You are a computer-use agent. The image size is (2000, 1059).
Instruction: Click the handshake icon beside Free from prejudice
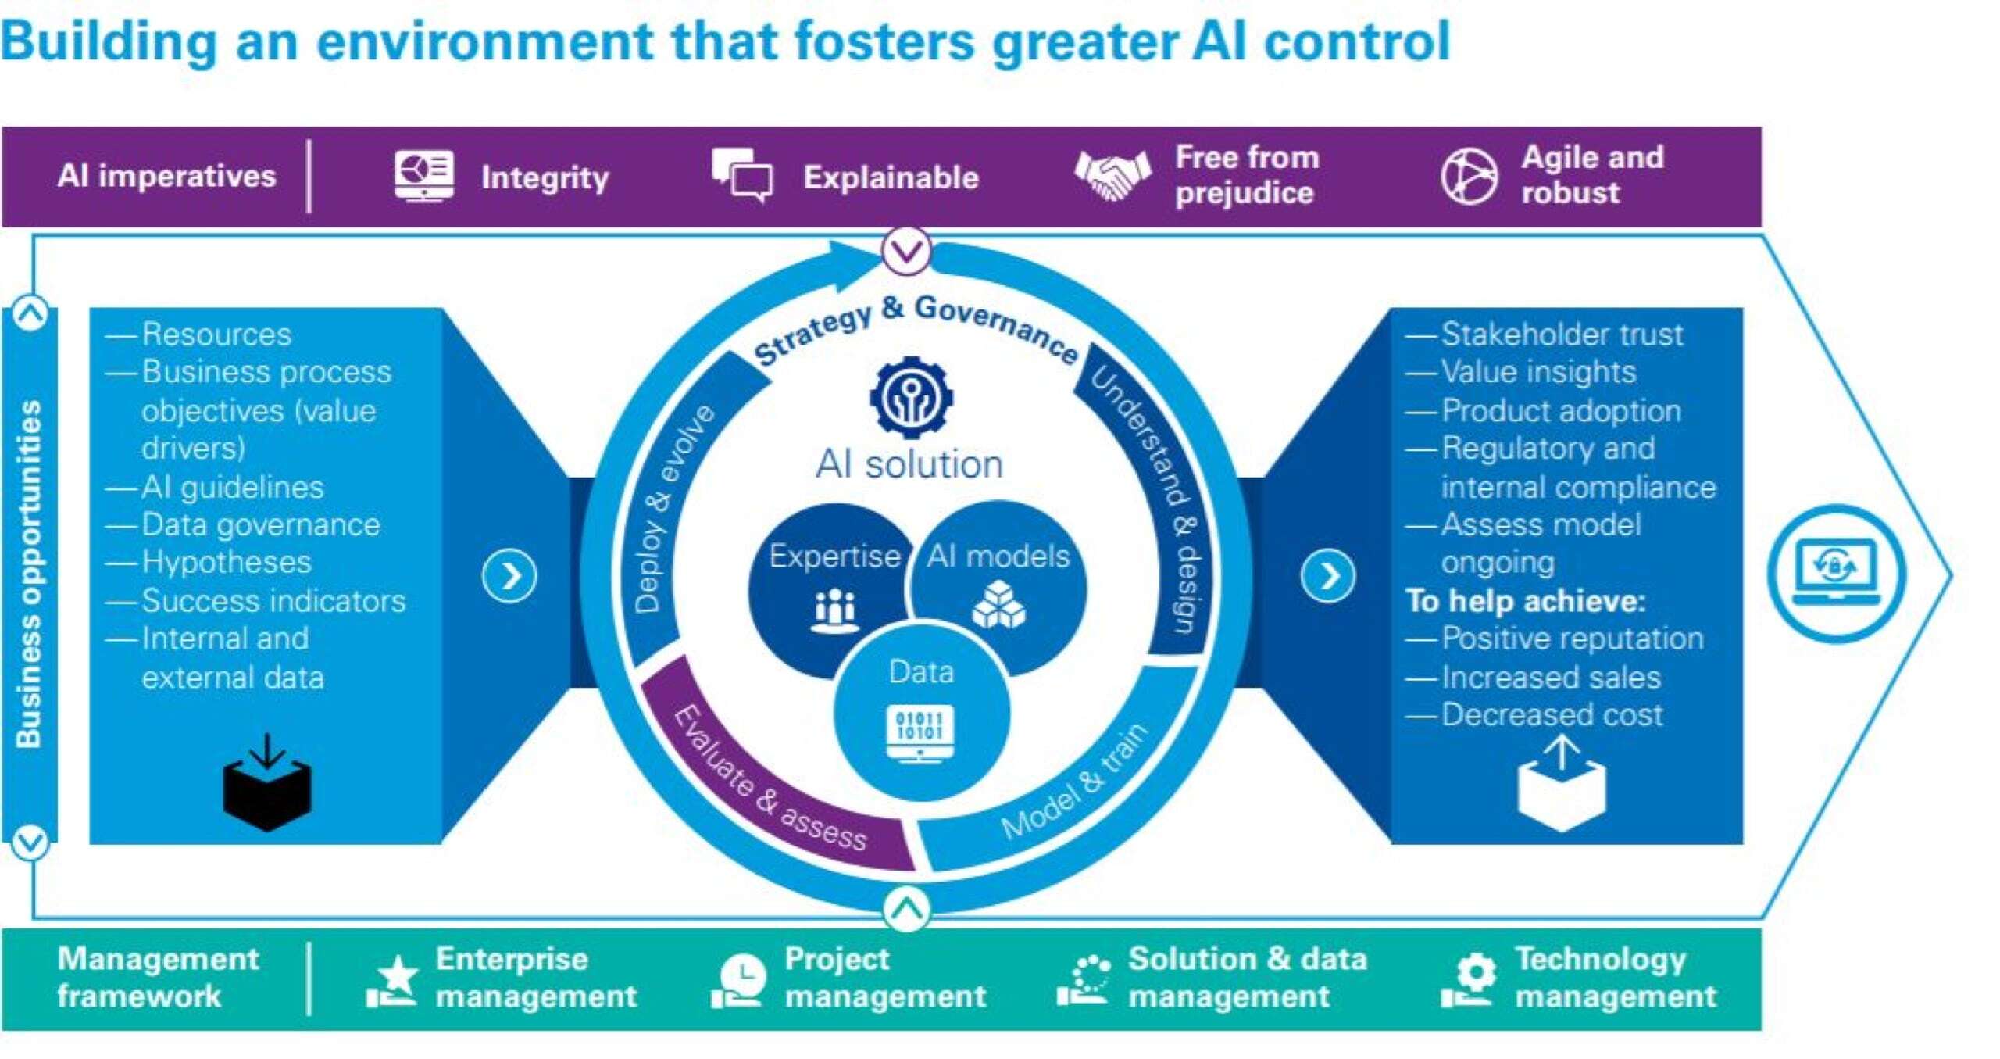(x=1112, y=176)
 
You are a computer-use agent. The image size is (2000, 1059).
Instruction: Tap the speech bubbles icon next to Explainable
(x=741, y=176)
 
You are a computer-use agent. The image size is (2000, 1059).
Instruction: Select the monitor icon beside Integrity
(x=423, y=176)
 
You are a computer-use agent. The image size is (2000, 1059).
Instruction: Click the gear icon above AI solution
(x=910, y=397)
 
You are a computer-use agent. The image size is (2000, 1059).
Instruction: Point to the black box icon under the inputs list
(x=267, y=785)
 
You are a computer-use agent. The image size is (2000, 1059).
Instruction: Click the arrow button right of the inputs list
(x=509, y=577)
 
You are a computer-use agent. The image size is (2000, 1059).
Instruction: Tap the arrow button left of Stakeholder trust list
(x=1327, y=577)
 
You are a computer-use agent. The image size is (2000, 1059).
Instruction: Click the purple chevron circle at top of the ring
(x=906, y=251)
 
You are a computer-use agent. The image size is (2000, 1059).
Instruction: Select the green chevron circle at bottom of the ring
(x=906, y=909)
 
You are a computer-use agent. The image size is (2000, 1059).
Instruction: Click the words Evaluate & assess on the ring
(x=770, y=778)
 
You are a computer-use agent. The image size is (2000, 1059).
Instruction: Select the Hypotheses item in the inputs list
(x=226, y=562)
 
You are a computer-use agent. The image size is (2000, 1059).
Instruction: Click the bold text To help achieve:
(x=1525, y=600)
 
